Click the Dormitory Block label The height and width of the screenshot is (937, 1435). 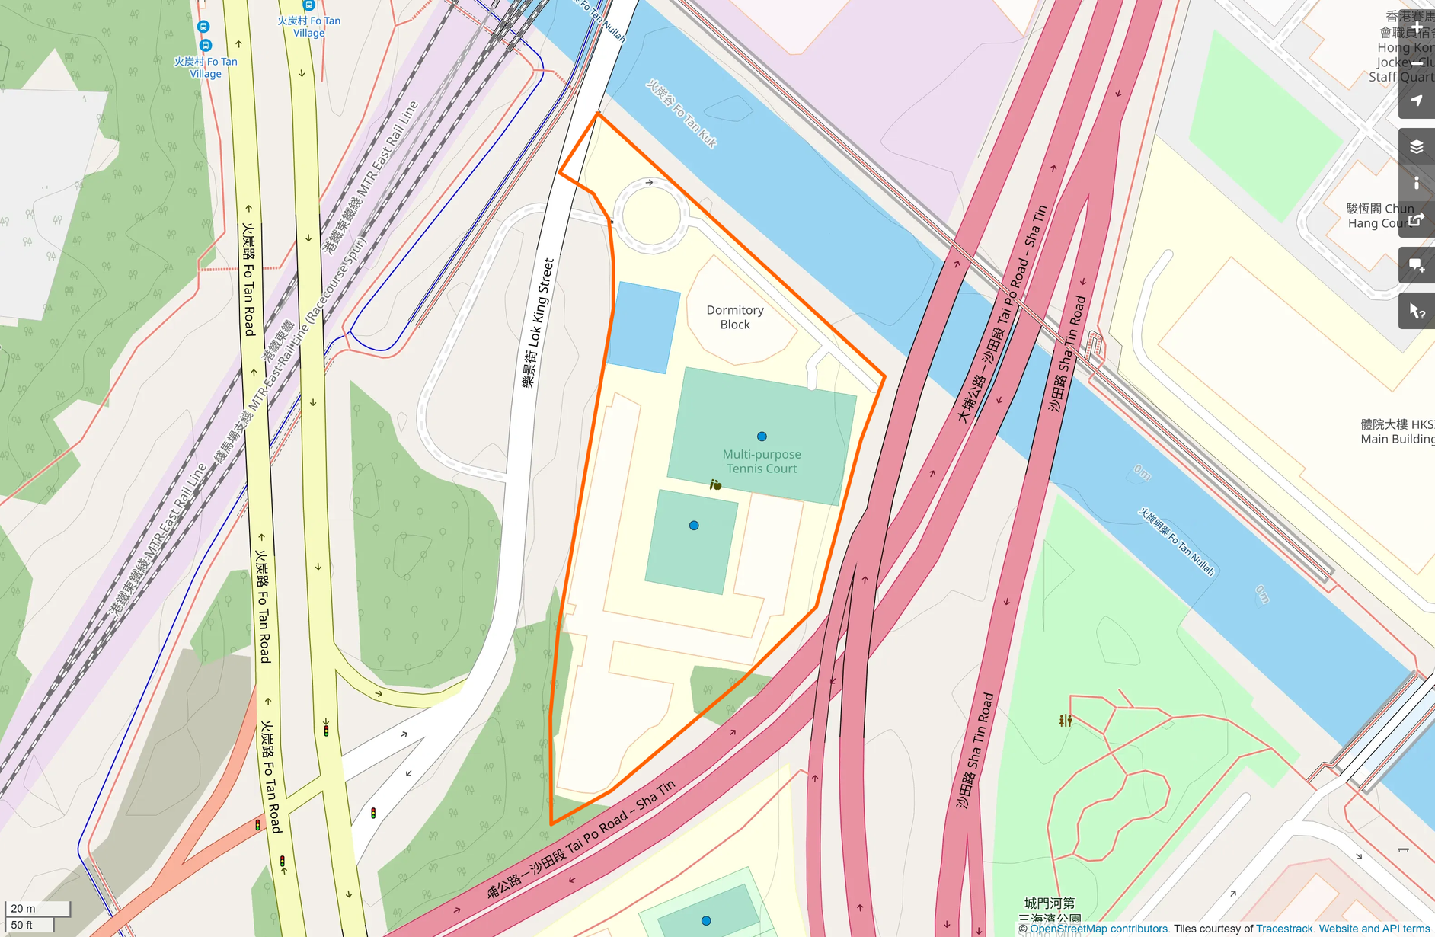(734, 317)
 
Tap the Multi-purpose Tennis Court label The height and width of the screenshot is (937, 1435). (762, 462)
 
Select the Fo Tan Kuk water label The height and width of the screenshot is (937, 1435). (682, 114)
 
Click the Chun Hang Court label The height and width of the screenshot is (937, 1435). (1379, 216)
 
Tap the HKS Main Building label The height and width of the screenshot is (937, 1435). (1397, 431)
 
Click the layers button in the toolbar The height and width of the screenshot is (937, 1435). (1416, 146)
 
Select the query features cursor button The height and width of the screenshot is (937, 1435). (1416, 311)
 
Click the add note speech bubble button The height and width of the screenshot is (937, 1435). (1416, 265)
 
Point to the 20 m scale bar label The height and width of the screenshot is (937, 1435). (24, 908)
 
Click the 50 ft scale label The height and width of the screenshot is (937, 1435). (22, 925)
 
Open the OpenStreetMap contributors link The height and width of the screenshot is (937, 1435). (1098, 929)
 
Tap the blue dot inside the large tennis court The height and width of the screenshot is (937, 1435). (762, 437)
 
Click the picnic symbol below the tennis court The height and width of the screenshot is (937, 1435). (715, 484)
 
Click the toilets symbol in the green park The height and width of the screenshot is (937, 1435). (1065, 720)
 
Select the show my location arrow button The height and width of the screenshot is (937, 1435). (1416, 101)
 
